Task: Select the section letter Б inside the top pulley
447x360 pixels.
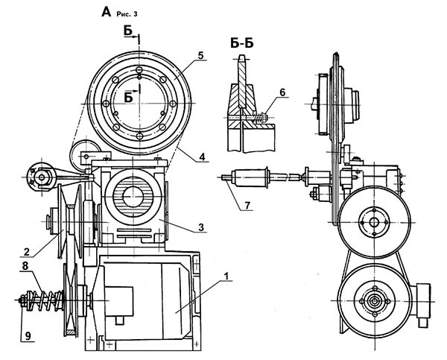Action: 130,96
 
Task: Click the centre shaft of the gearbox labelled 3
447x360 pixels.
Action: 133,198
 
